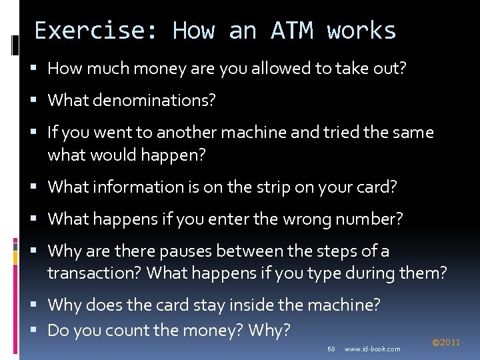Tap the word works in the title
tap(361, 31)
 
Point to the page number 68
tap(331, 349)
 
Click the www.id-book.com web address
tap(373, 349)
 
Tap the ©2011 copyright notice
tap(446, 343)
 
